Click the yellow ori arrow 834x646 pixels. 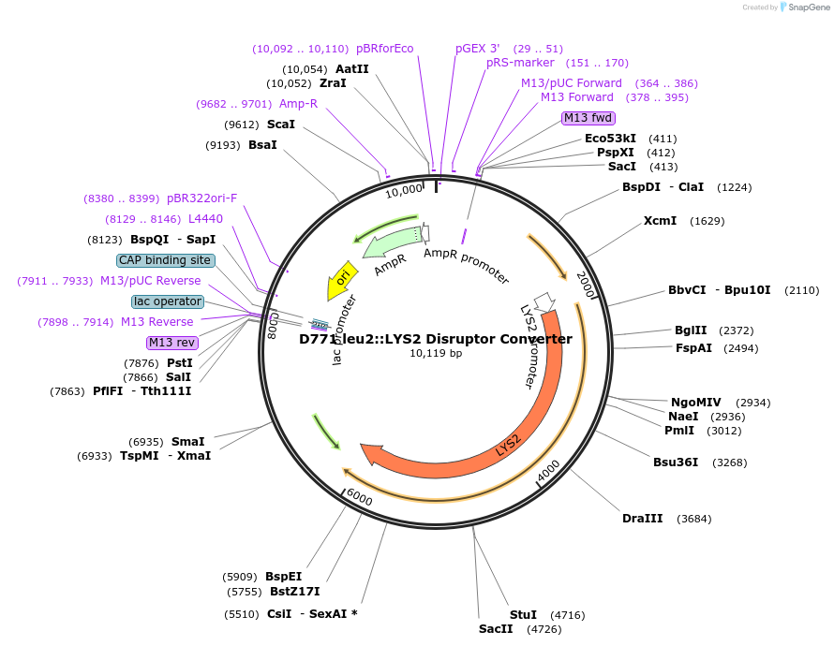point(342,279)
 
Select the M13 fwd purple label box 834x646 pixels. point(588,118)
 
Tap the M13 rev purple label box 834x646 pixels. point(173,343)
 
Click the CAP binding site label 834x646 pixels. point(165,260)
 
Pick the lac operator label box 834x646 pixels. point(168,301)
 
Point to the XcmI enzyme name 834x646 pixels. point(660,221)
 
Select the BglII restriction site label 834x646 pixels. point(691,330)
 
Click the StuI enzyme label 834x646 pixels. point(523,615)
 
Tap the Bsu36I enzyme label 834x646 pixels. point(676,462)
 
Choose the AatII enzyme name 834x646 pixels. point(352,69)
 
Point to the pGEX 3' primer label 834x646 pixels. point(478,49)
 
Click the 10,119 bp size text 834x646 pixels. point(436,354)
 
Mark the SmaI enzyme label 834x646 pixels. point(187,442)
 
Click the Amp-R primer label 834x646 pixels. point(298,104)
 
